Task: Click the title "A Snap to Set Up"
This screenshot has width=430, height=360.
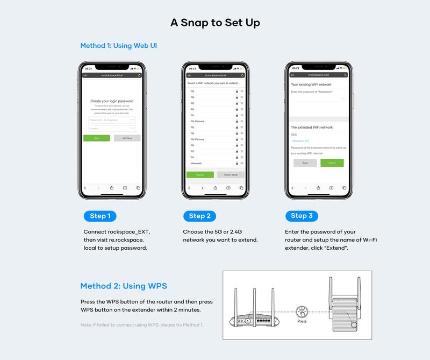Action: pos(215,23)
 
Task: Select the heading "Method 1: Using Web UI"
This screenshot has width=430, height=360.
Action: pos(118,46)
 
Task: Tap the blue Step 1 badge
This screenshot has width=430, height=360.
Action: pos(101,216)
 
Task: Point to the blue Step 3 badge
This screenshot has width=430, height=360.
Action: pos(302,216)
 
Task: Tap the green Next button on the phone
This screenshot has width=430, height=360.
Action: pos(97,138)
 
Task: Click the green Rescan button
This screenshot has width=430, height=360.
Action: pos(199,175)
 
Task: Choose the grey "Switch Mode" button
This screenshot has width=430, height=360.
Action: pos(231,175)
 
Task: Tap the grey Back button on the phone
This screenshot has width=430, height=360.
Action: pos(305,163)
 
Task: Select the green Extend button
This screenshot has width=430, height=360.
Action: pos(332,163)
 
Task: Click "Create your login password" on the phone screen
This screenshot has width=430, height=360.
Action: pos(112,101)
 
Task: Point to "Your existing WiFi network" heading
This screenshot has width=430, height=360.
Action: pos(311,84)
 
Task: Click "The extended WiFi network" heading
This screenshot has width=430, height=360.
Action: pos(312,128)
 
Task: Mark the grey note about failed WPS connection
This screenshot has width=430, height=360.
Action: pos(142,325)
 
